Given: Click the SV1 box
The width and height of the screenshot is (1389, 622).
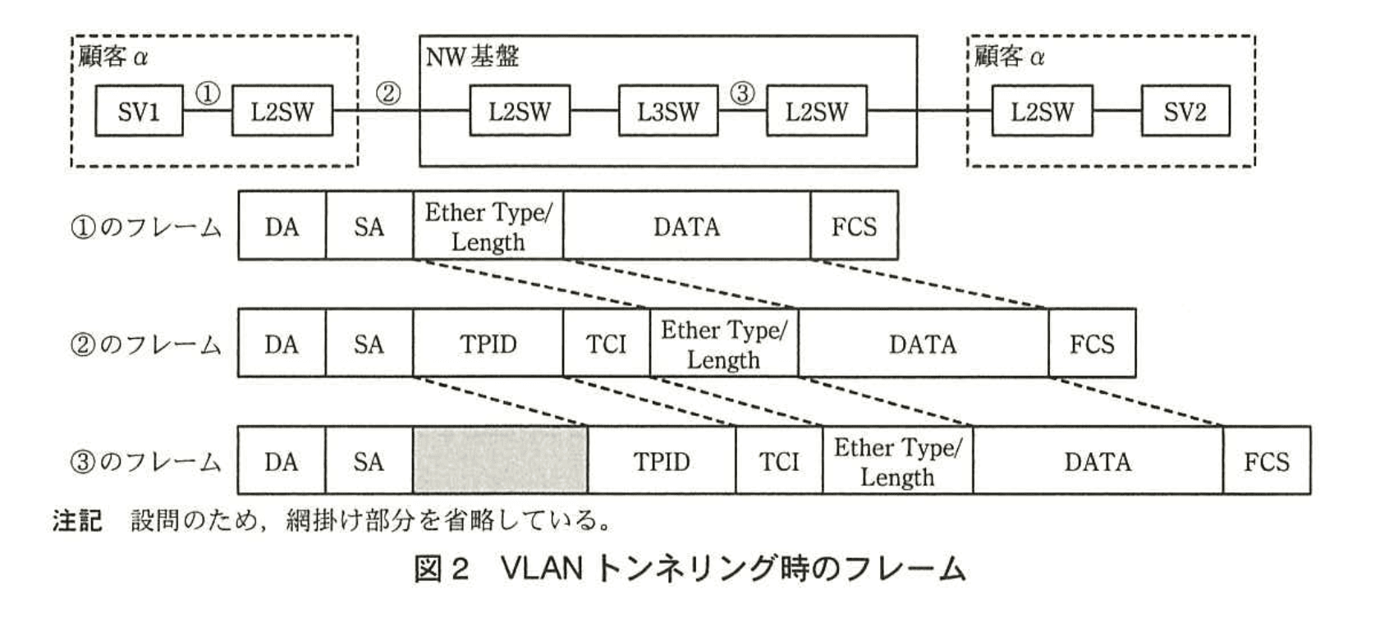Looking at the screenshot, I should (x=138, y=111).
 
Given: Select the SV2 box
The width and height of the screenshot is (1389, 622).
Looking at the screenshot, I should (x=1185, y=111).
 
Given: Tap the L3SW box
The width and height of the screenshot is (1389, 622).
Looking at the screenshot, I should (x=667, y=111).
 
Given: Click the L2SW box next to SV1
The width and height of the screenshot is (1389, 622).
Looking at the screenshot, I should (x=282, y=111).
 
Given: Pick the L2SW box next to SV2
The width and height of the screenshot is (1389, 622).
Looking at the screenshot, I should (x=1042, y=111).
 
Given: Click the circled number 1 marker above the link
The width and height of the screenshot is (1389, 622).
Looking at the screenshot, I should (x=208, y=94).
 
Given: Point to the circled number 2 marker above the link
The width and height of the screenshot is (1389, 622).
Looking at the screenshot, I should (x=387, y=94).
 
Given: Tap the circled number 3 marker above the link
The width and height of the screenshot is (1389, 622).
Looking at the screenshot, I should (x=742, y=94).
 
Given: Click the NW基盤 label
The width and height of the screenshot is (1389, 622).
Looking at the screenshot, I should (x=472, y=57).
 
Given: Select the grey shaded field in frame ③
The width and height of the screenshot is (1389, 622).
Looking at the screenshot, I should (x=500, y=460).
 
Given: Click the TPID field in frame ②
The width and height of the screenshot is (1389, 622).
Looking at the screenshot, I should (x=488, y=344).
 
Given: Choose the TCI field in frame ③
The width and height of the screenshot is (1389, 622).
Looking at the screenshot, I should (x=778, y=461).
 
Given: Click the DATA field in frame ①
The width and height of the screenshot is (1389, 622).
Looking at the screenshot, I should (x=686, y=226).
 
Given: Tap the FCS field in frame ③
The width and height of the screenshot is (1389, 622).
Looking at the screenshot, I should (x=1266, y=461).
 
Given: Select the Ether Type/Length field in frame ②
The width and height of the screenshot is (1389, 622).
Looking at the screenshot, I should (x=723, y=344).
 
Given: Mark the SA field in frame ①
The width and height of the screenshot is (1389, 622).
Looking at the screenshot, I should (x=369, y=226).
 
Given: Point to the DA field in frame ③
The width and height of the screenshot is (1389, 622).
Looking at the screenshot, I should (x=281, y=461).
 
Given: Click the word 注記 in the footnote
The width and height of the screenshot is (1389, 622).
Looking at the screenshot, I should (x=77, y=520).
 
